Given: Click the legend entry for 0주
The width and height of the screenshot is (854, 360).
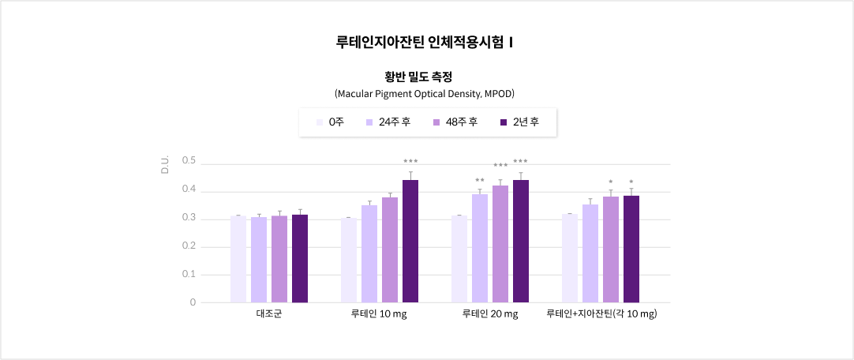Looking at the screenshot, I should click(330, 122).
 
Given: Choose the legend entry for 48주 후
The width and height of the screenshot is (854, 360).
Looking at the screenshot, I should click(455, 122).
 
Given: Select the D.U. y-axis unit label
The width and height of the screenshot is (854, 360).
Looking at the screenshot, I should click(165, 165).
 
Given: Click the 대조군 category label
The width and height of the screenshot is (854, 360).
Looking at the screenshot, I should click(269, 314).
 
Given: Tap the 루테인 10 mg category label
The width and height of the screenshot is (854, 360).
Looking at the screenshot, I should click(380, 314).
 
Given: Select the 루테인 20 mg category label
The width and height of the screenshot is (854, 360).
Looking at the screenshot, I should click(490, 314).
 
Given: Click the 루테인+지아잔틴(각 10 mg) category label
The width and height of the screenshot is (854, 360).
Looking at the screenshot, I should click(601, 314).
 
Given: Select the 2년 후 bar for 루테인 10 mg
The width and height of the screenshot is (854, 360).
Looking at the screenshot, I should click(410, 242).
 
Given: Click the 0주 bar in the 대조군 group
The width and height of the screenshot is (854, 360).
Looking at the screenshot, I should click(238, 259).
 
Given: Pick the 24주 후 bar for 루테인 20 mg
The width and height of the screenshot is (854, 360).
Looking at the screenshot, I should click(480, 249).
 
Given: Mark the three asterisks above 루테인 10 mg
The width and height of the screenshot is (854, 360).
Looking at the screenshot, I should click(410, 162).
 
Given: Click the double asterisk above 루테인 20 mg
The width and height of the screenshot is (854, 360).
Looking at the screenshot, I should click(480, 181).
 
